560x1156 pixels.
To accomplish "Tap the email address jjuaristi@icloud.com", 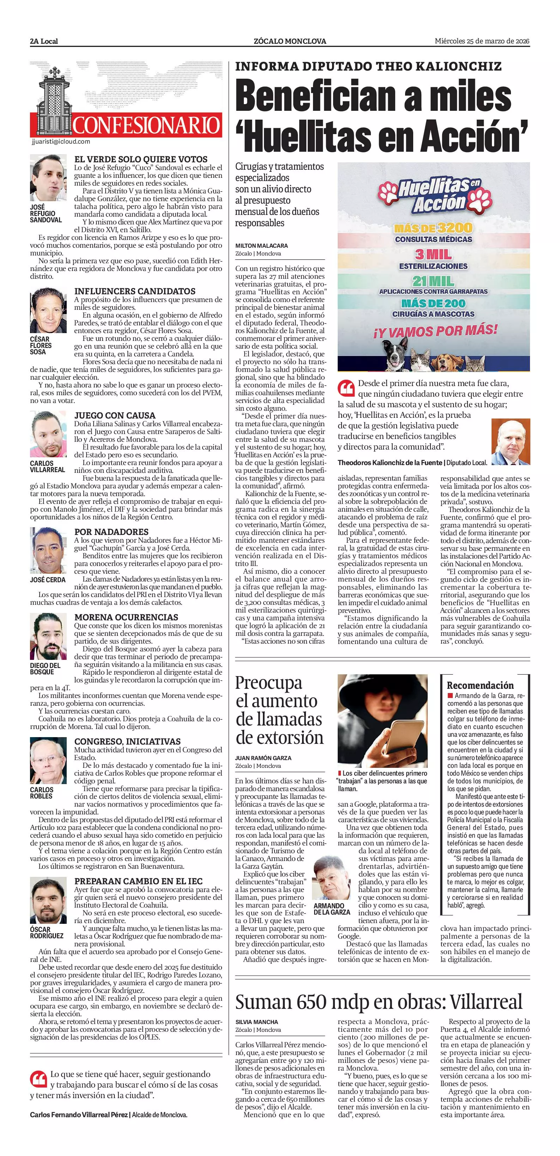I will click(61, 142).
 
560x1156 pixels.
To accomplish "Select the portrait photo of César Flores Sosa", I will click(48, 310).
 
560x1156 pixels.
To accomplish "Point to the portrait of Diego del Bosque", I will click(48, 636).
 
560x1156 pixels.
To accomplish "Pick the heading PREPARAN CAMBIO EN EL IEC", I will click(138, 881).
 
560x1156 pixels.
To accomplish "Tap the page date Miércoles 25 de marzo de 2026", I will click(482, 41).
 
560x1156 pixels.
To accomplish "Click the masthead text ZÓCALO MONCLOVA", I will click(290, 41).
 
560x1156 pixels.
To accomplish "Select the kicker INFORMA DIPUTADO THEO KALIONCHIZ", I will click(368, 67).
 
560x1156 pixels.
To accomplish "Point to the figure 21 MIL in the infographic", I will click(433, 282).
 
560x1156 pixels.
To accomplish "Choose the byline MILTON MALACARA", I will click(261, 246).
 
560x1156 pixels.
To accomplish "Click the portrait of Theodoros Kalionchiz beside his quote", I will click(511, 441).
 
